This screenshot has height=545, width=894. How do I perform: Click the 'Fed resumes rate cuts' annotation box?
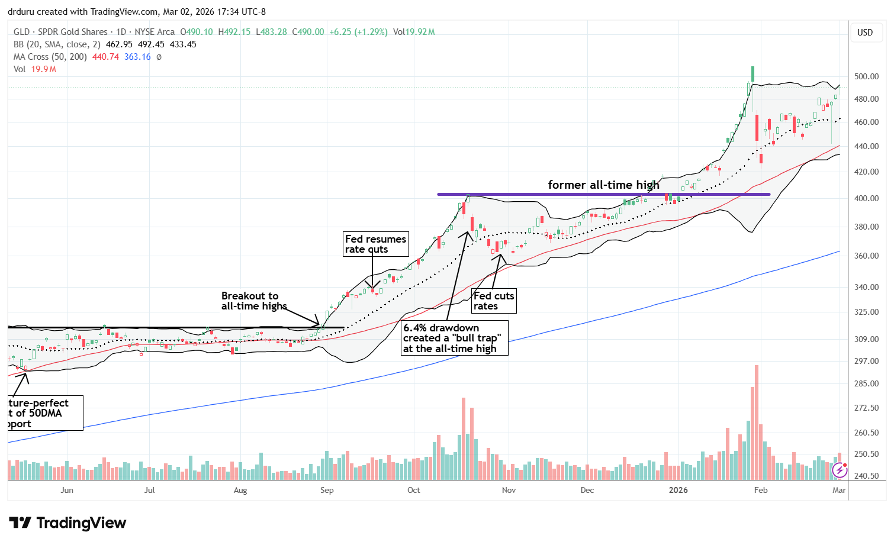(375, 244)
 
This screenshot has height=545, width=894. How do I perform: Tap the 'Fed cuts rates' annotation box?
(494, 301)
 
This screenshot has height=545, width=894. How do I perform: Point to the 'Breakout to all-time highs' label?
(253, 301)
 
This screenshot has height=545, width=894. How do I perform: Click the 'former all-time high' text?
(603, 185)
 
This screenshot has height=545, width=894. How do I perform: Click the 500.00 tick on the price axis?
(866, 76)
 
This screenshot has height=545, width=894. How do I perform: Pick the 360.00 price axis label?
(866, 256)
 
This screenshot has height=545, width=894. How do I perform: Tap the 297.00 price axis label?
(866, 361)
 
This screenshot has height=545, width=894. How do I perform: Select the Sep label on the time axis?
(327, 490)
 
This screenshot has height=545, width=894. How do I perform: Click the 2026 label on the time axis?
(678, 490)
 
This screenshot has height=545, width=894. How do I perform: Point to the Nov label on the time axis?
(509, 490)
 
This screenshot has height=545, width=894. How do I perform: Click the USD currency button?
(865, 33)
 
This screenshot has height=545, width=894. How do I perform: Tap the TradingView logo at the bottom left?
(67, 523)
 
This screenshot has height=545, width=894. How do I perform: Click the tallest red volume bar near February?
(757, 423)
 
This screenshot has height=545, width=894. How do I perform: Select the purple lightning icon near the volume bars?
(840, 470)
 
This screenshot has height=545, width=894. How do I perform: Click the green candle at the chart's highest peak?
(752, 74)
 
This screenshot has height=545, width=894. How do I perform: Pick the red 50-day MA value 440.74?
(105, 57)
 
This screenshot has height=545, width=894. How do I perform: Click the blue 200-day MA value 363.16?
(137, 57)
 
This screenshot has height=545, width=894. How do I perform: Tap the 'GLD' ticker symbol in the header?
(21, 32)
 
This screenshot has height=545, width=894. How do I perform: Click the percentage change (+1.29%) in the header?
(371, 32)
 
